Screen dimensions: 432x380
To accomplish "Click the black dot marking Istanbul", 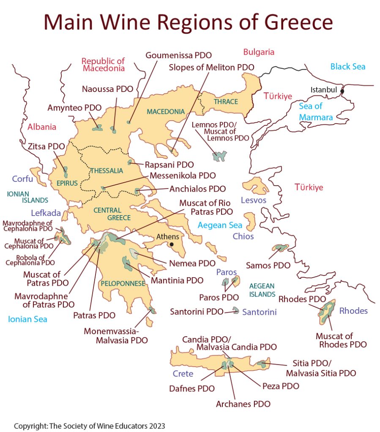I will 342,91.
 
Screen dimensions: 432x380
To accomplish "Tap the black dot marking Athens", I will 171,244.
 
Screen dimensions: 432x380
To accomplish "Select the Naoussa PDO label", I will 107,89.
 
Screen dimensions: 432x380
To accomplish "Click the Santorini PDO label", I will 196,312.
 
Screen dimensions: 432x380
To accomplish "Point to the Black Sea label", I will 347,67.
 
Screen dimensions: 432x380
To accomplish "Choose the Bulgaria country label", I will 259,52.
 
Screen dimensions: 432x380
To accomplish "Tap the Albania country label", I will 42,127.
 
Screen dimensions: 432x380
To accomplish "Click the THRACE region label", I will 226,102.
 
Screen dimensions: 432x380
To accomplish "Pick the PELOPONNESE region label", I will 123,283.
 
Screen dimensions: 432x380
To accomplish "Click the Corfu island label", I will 22,179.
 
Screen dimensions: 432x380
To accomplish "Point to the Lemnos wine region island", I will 220,156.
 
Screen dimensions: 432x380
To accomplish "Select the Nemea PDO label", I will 192,264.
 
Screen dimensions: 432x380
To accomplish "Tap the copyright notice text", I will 89,425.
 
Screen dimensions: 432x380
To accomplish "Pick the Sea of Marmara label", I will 316,112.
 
